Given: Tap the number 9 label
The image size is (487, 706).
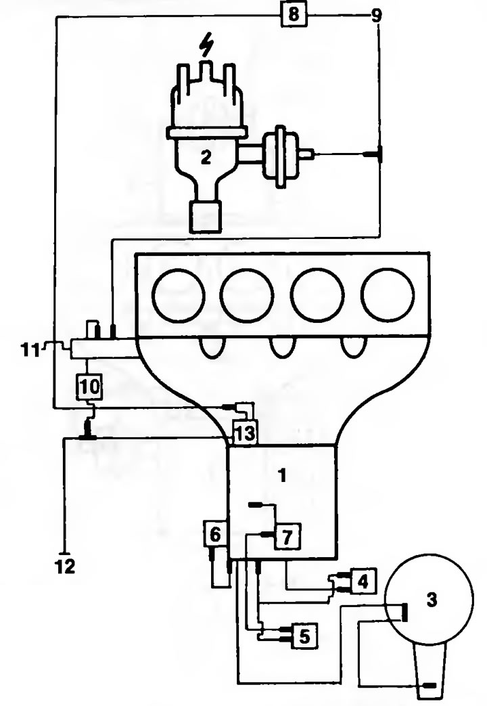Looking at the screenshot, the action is pos(376,16).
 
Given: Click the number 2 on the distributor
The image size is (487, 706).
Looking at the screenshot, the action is pos(206,157).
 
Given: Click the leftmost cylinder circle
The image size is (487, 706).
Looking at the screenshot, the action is pos(179,295).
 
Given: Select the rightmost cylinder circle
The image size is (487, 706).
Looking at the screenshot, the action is pos(388,295).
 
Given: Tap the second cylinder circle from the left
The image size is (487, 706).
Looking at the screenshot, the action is pos(247,295).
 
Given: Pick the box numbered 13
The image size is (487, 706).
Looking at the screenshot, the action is pos(244,434).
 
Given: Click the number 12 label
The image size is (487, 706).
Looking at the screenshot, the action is pos(65,567).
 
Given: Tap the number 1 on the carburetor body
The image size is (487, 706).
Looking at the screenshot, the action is pos(283,475).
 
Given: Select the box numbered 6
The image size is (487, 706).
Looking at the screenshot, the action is pos(216,534).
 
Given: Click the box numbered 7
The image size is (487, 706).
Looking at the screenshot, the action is pos(287,536).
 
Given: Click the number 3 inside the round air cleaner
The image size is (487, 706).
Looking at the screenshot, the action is pos(431,600).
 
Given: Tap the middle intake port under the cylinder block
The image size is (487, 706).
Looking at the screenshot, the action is pos(283,348).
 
